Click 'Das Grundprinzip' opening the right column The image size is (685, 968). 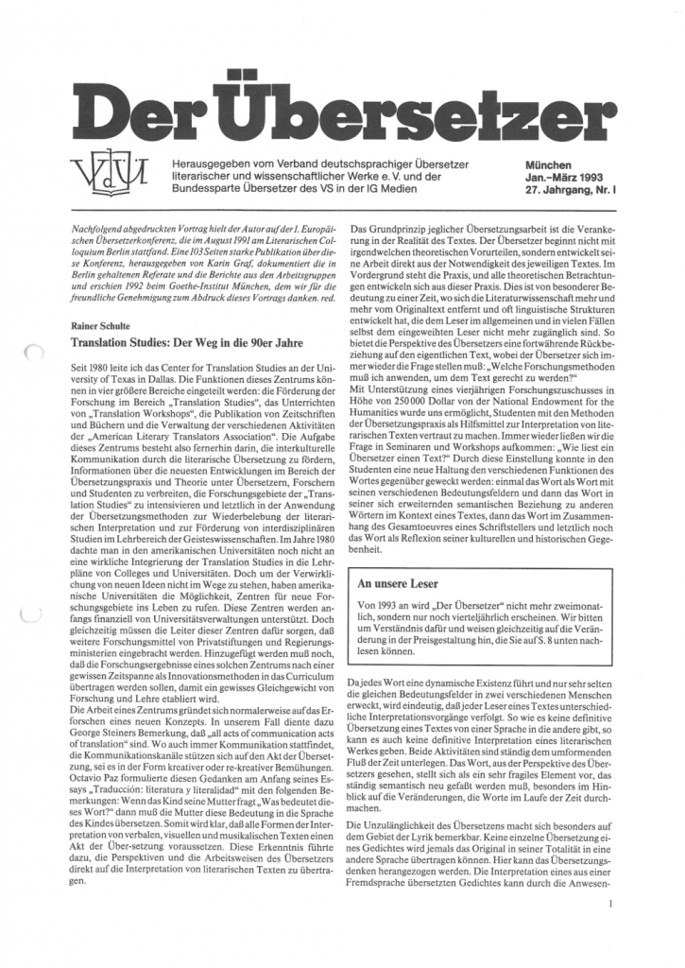389,231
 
